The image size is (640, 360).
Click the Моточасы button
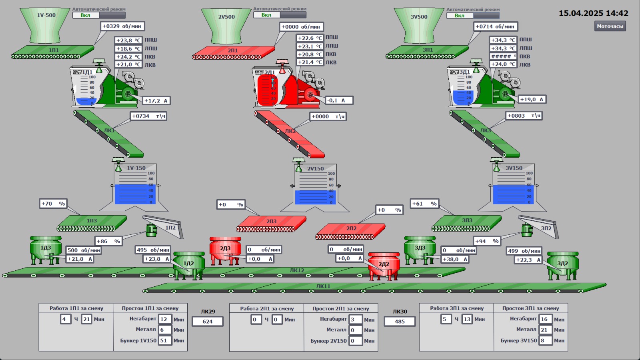[x=610, y=26]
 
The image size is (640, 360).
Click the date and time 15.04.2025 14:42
[x=593, y=13]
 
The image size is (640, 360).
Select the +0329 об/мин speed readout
[x=122, y=26]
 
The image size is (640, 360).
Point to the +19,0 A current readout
[x=532, y=100]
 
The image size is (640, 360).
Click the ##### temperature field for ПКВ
[x=503, y=56]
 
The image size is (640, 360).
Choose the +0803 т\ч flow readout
[x=524, y=116]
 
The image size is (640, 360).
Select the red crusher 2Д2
[x=384, y=265]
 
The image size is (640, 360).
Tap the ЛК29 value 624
[x=207, y=322]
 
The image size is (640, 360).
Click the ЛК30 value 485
[x=399, y=322]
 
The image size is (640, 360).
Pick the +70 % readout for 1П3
[x=53, y=204]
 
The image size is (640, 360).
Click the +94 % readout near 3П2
[x=486, y=241]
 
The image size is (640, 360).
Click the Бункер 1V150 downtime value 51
[x=164, y=340]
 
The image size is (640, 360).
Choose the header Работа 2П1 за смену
[x=267, y=309]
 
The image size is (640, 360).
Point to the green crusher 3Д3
[x=419, y=249]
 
